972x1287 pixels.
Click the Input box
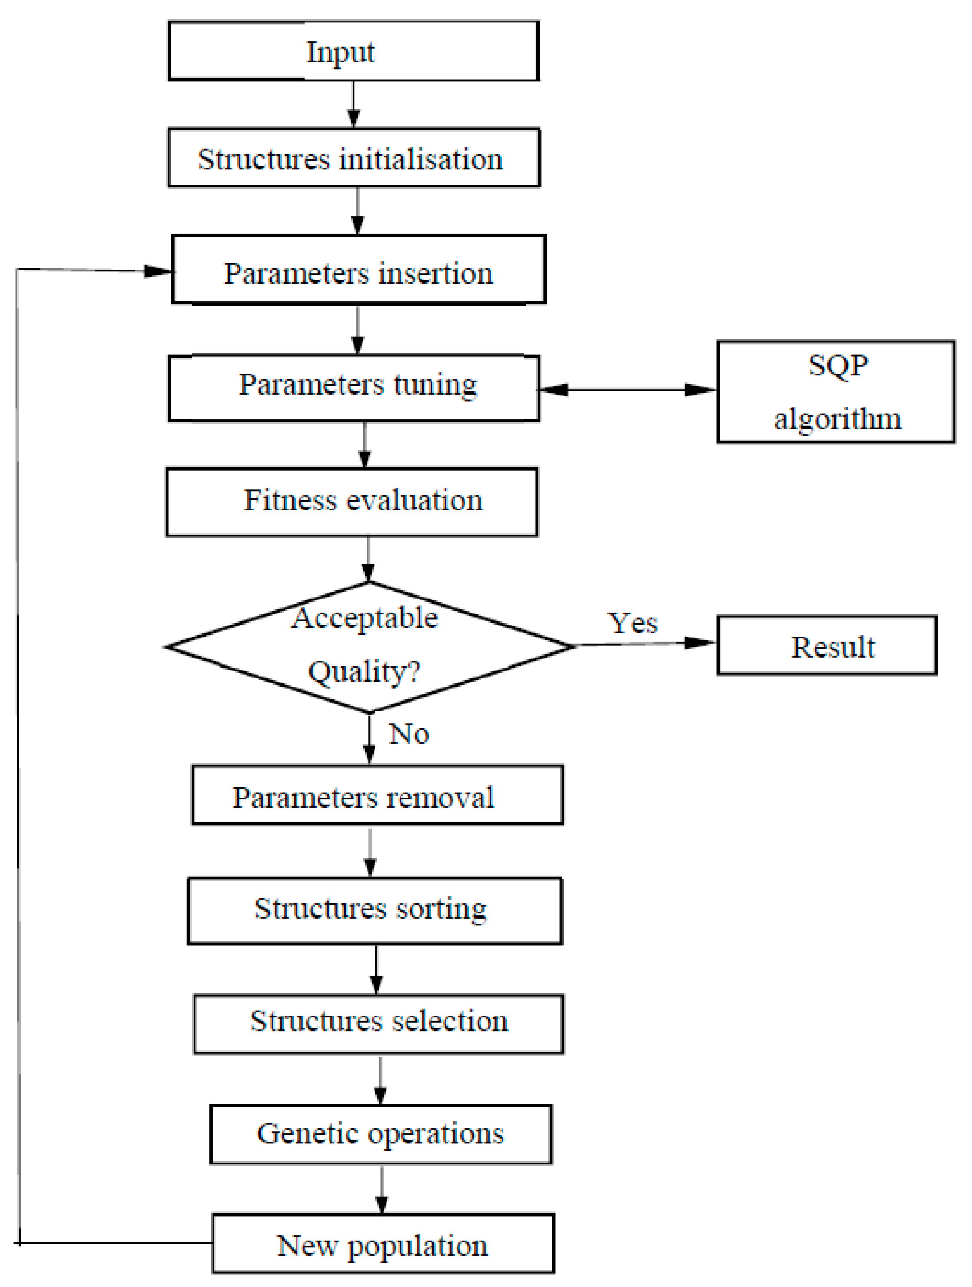[x=353, y=51]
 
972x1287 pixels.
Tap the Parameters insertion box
[x=358, y=270]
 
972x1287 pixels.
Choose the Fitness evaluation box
[x=351, y=502]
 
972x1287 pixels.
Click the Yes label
[x=633, y=623]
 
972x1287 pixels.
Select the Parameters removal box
[x=377, y=795]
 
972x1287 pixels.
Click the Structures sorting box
[x=375, y=911]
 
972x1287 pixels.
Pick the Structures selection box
[x=379, y=1024]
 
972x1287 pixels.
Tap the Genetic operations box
[x=381, y=1135]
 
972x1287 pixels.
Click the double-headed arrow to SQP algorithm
[x=627, y=390]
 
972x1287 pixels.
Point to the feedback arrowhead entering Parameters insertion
[x=157, y=271]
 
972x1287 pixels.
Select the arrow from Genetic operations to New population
[x=382, y=1189]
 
